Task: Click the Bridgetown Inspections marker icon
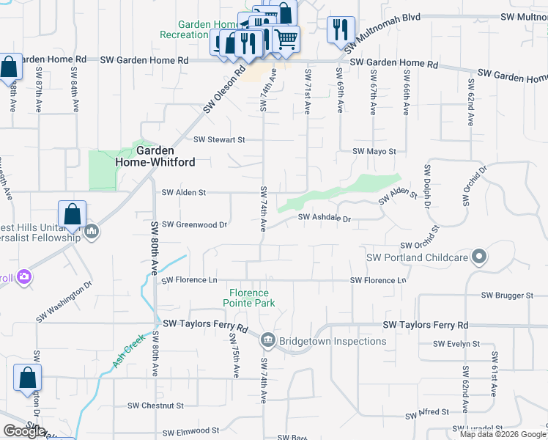point(267,340)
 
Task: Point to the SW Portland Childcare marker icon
point(480,257)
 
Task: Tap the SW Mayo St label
point(374,151)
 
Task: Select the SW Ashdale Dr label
point(325,218)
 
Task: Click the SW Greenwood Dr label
point(194,224)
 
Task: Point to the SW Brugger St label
point(507,296)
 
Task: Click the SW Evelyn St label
point(456,343)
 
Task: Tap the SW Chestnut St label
point(155,406)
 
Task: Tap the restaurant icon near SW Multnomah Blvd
point(340,29)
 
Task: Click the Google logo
point(25,431)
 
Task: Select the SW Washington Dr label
point(64,302)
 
